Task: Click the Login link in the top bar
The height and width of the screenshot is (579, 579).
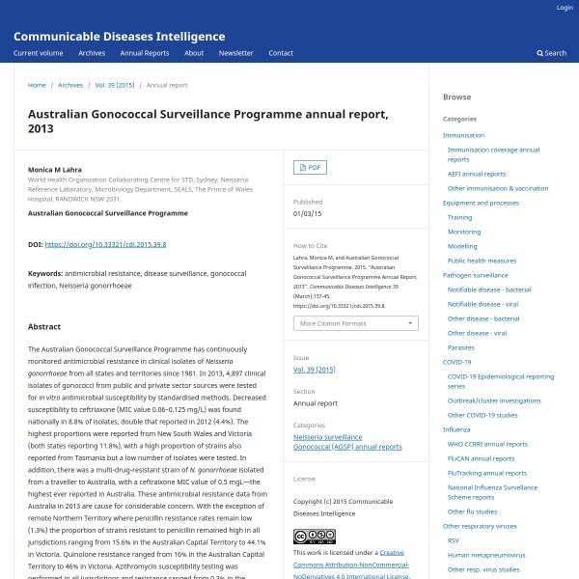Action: coord(565,7)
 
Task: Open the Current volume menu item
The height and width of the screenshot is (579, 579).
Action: coord(39,53)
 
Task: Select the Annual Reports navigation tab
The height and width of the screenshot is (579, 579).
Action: coord(145,53)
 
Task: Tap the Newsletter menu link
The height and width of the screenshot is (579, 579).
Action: coord(235,53)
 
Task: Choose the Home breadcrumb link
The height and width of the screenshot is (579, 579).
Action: coord(37,85)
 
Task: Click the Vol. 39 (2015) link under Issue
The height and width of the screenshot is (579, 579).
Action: coord(314,369)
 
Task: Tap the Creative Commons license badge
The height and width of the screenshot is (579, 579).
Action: coord(314,537)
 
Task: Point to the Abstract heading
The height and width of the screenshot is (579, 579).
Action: coord(44,326)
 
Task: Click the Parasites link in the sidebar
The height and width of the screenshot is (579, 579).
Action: coord(460,347)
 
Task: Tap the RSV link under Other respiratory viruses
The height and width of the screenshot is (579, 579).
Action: coord(453,540)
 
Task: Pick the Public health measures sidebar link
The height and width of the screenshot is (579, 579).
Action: coord(482,261)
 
